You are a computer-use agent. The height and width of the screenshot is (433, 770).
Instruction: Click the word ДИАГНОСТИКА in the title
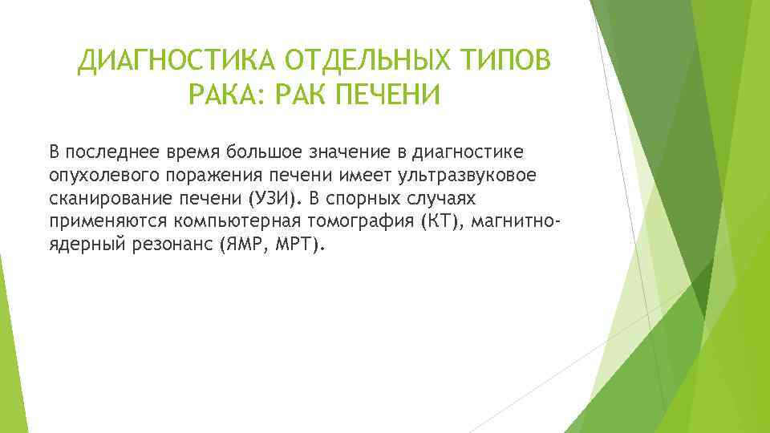pos(174,61)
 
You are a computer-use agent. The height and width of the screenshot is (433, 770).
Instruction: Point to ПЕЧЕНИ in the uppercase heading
pos(375,97)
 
